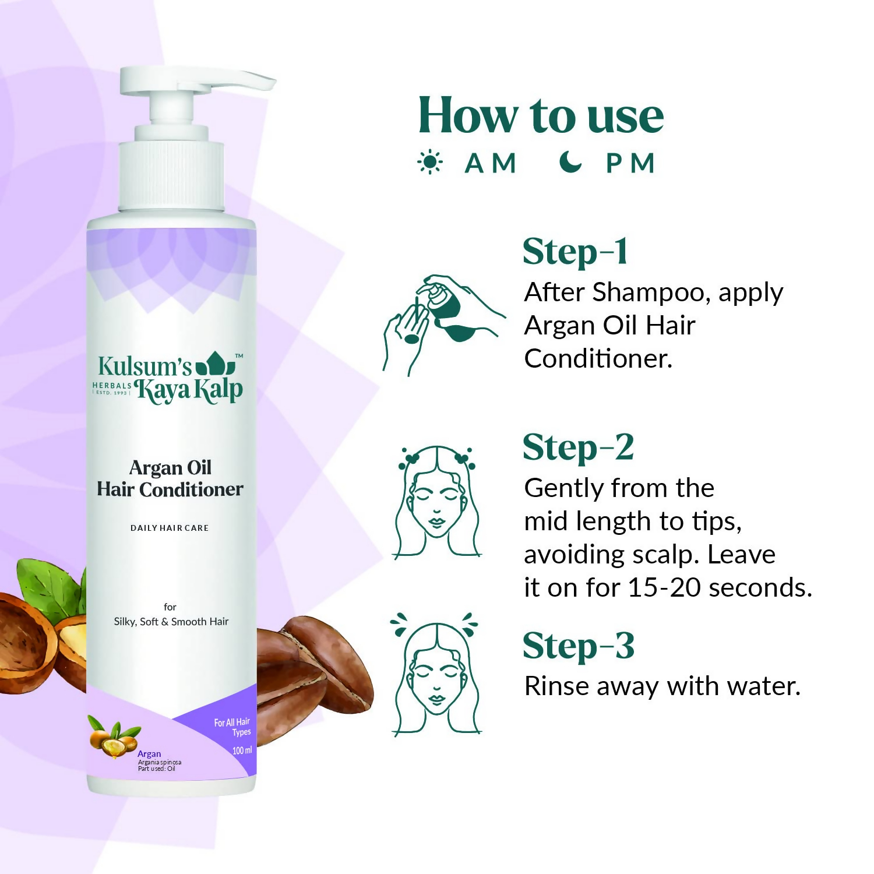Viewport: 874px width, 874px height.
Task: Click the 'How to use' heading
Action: [541, 115]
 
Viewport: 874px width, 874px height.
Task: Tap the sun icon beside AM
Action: [430, 163]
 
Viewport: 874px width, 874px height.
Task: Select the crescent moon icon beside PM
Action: [570, 162]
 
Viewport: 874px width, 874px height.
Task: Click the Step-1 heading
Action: [575, 252]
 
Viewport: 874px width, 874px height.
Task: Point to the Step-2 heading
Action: [578, 448]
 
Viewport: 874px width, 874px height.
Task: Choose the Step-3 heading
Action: [578, 646]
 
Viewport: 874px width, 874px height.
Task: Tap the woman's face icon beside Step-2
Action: [437, 502]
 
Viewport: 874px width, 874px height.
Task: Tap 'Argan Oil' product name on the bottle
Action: [170, 468]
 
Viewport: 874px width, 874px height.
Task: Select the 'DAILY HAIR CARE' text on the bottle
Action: [170, 528]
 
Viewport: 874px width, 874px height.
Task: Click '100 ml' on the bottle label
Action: [242, 750]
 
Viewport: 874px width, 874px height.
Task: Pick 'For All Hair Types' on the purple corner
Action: [232, 727]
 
